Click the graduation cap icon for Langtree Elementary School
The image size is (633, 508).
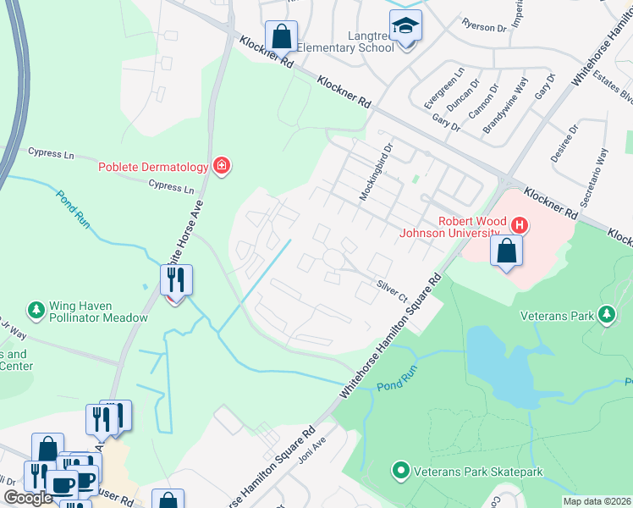[x=406, y=25]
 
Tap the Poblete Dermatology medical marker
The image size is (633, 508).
[x=222, y=165]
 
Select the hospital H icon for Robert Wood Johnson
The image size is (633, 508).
[x=520, y=226]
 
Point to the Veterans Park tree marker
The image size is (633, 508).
[x=606, y=316]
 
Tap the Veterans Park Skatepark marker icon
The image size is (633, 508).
[x=400, y=471]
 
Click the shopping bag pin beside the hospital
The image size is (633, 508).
[x=506, y=251]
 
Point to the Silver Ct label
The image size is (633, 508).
[x=393, y=292]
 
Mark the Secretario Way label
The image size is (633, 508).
[x=602, y=171]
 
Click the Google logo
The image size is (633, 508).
[x=28, y=498]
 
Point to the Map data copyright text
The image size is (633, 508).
[x=596, y=501]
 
